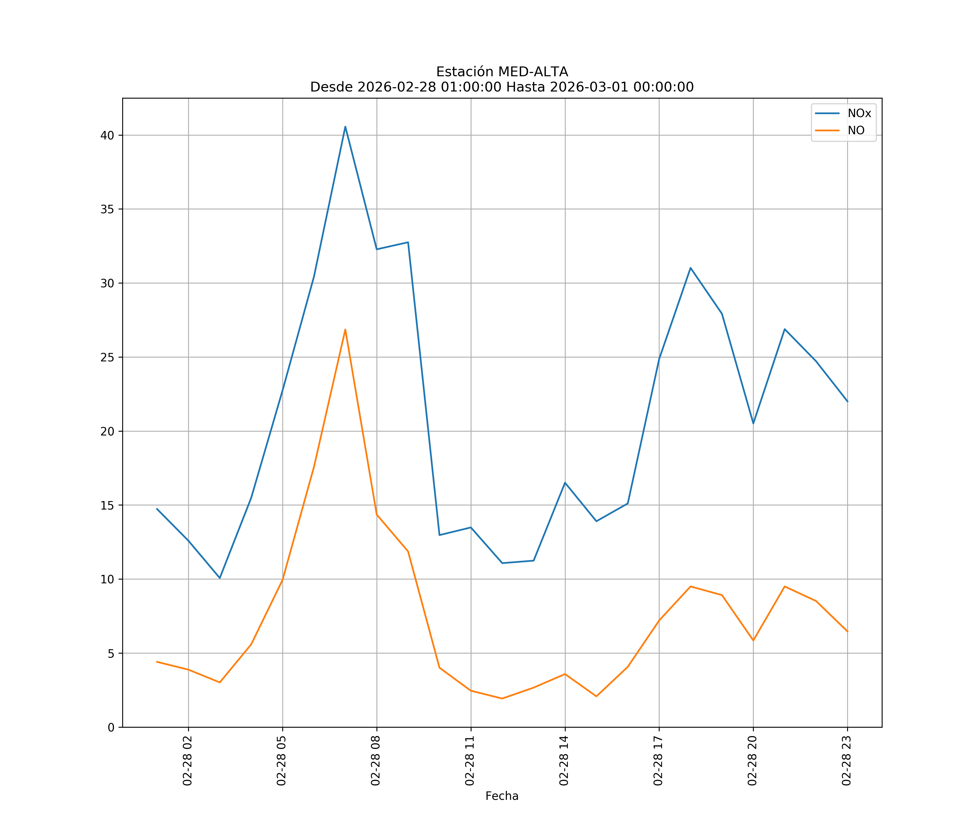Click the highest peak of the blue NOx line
(345, 127)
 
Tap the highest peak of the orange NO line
(345, 330)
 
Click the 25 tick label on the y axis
(107, 357)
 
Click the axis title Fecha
(502, 796)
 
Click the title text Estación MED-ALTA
(502, 72)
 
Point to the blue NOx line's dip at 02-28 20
(753, 423)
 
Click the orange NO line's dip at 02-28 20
(753, 640)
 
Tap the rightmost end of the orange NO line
(847, 632)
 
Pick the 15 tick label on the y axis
(107, 505)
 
